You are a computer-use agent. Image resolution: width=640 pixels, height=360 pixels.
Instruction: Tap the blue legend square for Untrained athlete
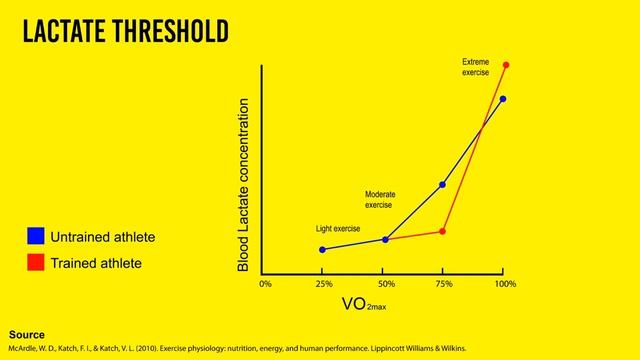point(35,236)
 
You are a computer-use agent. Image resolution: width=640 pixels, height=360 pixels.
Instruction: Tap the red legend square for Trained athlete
point(35,263)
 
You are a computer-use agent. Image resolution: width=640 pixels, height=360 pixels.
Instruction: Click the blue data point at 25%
point(322,249)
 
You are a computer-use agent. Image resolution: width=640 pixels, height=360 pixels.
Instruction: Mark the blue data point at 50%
point(385,239)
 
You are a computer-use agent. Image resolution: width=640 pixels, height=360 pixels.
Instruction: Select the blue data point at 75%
point(442,185)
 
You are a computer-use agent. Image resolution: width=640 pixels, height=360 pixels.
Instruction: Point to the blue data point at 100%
point(503,99)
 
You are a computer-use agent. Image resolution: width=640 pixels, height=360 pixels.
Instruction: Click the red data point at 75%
point(442,231)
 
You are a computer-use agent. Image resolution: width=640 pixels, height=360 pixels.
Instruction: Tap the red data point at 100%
point(506,66)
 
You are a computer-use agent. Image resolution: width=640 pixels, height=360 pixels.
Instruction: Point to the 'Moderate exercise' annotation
point(381,198)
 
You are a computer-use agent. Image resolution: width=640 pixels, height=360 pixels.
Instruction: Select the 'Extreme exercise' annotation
point(475,67)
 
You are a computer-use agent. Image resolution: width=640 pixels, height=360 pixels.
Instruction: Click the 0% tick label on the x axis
point(265,285)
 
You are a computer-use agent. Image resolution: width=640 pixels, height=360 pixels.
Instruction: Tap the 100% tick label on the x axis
point(505,285)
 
